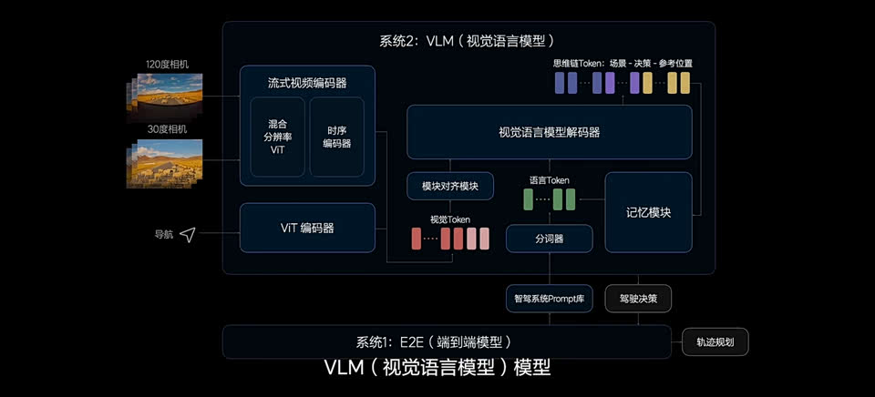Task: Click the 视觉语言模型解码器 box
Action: (549, 132)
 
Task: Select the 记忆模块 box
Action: (648, 212)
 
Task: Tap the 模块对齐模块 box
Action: (450, 187)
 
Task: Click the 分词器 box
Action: (549, 239)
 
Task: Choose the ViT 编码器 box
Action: (306, 228)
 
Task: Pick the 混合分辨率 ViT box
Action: (277, 137)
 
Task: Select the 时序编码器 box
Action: (336, 137)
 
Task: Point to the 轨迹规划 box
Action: (715, 343)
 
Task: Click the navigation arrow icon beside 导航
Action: (188, 235)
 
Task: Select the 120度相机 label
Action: (168, 65)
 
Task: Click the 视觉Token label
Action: (449, 219)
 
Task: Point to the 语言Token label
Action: (549, 180)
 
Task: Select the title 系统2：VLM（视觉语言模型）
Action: (467, 41)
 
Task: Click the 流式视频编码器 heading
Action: (306, 83)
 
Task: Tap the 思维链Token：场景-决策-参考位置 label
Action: (623, 64)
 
